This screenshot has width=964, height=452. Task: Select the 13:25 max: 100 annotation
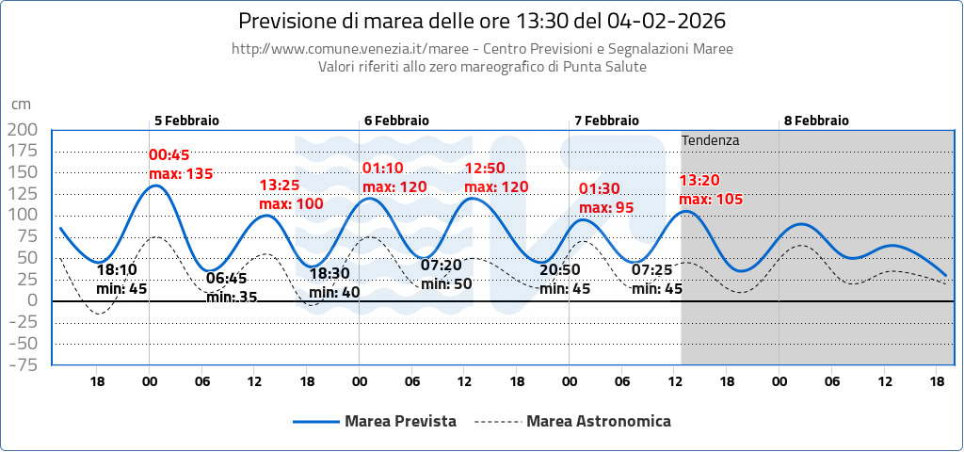(291, 195)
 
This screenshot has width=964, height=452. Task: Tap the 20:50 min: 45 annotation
(566, 280)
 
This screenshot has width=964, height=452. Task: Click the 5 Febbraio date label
(186, 121)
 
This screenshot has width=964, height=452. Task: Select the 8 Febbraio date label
(816, 121)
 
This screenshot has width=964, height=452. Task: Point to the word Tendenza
(711, 140)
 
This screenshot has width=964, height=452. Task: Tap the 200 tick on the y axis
(22, 130)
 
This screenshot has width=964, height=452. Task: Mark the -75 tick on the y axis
(22, 365)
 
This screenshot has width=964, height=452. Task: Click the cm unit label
(21, 105)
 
